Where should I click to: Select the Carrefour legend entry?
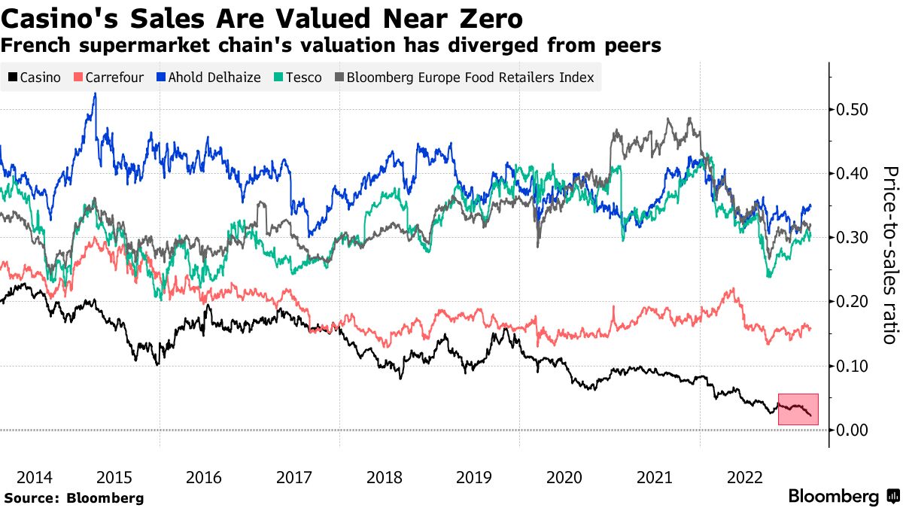point(108,78)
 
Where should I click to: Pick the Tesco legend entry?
point(298,78)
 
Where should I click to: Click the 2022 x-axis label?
point(746,477)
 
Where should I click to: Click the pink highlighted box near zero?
point(798,409)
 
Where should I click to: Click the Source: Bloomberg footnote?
point(74,498)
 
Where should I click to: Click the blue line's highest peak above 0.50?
point(95,93)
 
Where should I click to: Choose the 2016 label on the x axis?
point(204,477)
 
